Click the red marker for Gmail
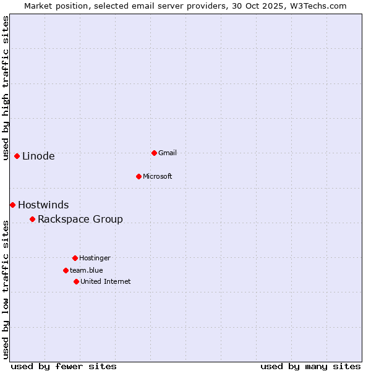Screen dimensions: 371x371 (154, 153)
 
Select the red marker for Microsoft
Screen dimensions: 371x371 (139, 176)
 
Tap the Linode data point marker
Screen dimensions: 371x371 (17, 156)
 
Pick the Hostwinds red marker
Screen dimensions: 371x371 (12, 205)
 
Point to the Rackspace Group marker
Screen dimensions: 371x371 (32, 219)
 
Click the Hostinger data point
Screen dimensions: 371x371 (75, 258)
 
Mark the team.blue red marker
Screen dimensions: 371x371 (66, 270)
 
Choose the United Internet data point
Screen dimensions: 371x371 (76, 281)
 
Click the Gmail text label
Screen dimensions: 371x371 (168, 153)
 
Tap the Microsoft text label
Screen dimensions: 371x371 (158, 176)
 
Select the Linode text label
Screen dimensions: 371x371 (38, 156)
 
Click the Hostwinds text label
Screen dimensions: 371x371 (43, 205)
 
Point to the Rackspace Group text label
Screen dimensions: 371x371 (80, 219)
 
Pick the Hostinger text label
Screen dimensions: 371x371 (95, 258)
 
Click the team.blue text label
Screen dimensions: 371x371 (87, 270)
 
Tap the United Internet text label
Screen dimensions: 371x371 (106, 281)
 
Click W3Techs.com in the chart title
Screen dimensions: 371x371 (318, 6)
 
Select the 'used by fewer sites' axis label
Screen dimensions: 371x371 (64, 366)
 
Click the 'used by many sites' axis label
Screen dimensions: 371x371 (310, 366)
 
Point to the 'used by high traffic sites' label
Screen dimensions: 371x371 (6, 88)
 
